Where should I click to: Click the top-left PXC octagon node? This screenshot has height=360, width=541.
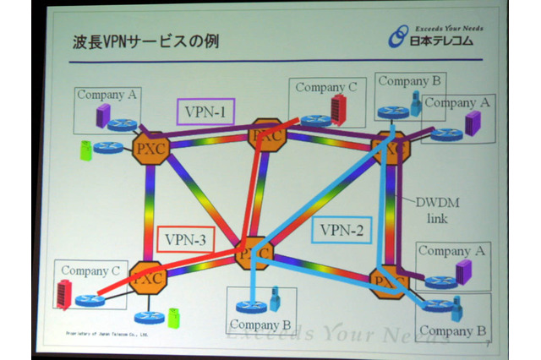pyautogui.click(x=152, y=147)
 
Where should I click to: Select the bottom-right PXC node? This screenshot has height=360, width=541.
pyautogui.click(x=390, y=280)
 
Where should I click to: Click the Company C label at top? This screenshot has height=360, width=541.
pyautogui.click(x=325, y=87)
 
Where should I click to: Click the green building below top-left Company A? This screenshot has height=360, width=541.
pyautogui.click(x=85, y=150)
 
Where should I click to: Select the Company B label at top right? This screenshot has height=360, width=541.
pyautogui.click(x=409, y=81)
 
